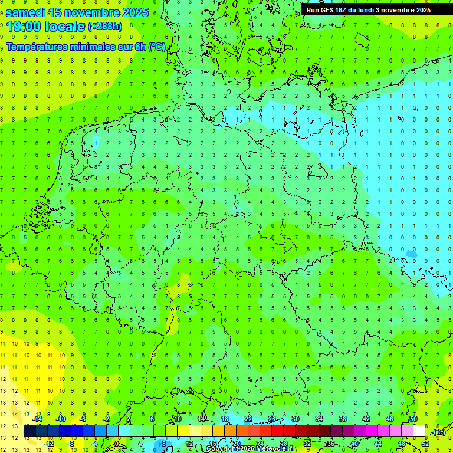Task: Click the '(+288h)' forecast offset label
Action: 105,27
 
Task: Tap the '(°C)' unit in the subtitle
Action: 157,47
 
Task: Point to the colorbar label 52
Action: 425,444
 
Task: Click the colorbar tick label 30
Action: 295,418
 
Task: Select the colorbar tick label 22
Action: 248,418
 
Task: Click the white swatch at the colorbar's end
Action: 419,431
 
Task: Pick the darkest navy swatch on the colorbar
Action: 29,431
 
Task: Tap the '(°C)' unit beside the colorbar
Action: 439,432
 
